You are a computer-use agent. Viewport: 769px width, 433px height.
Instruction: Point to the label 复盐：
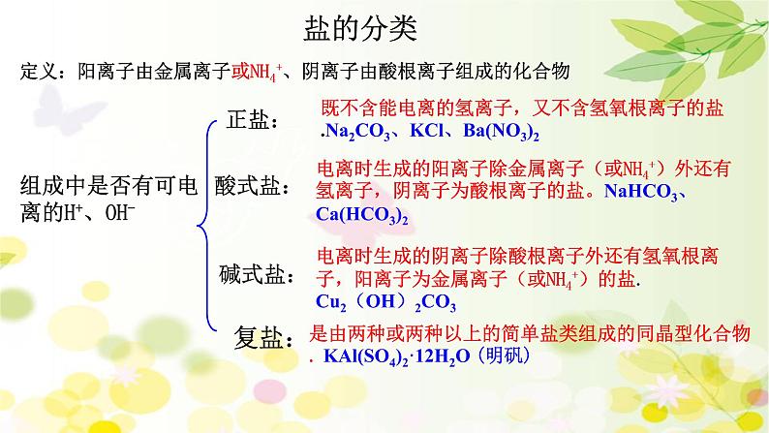click(x=263, y=336)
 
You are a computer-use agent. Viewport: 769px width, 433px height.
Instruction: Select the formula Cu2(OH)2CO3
click(x=379, y=301)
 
